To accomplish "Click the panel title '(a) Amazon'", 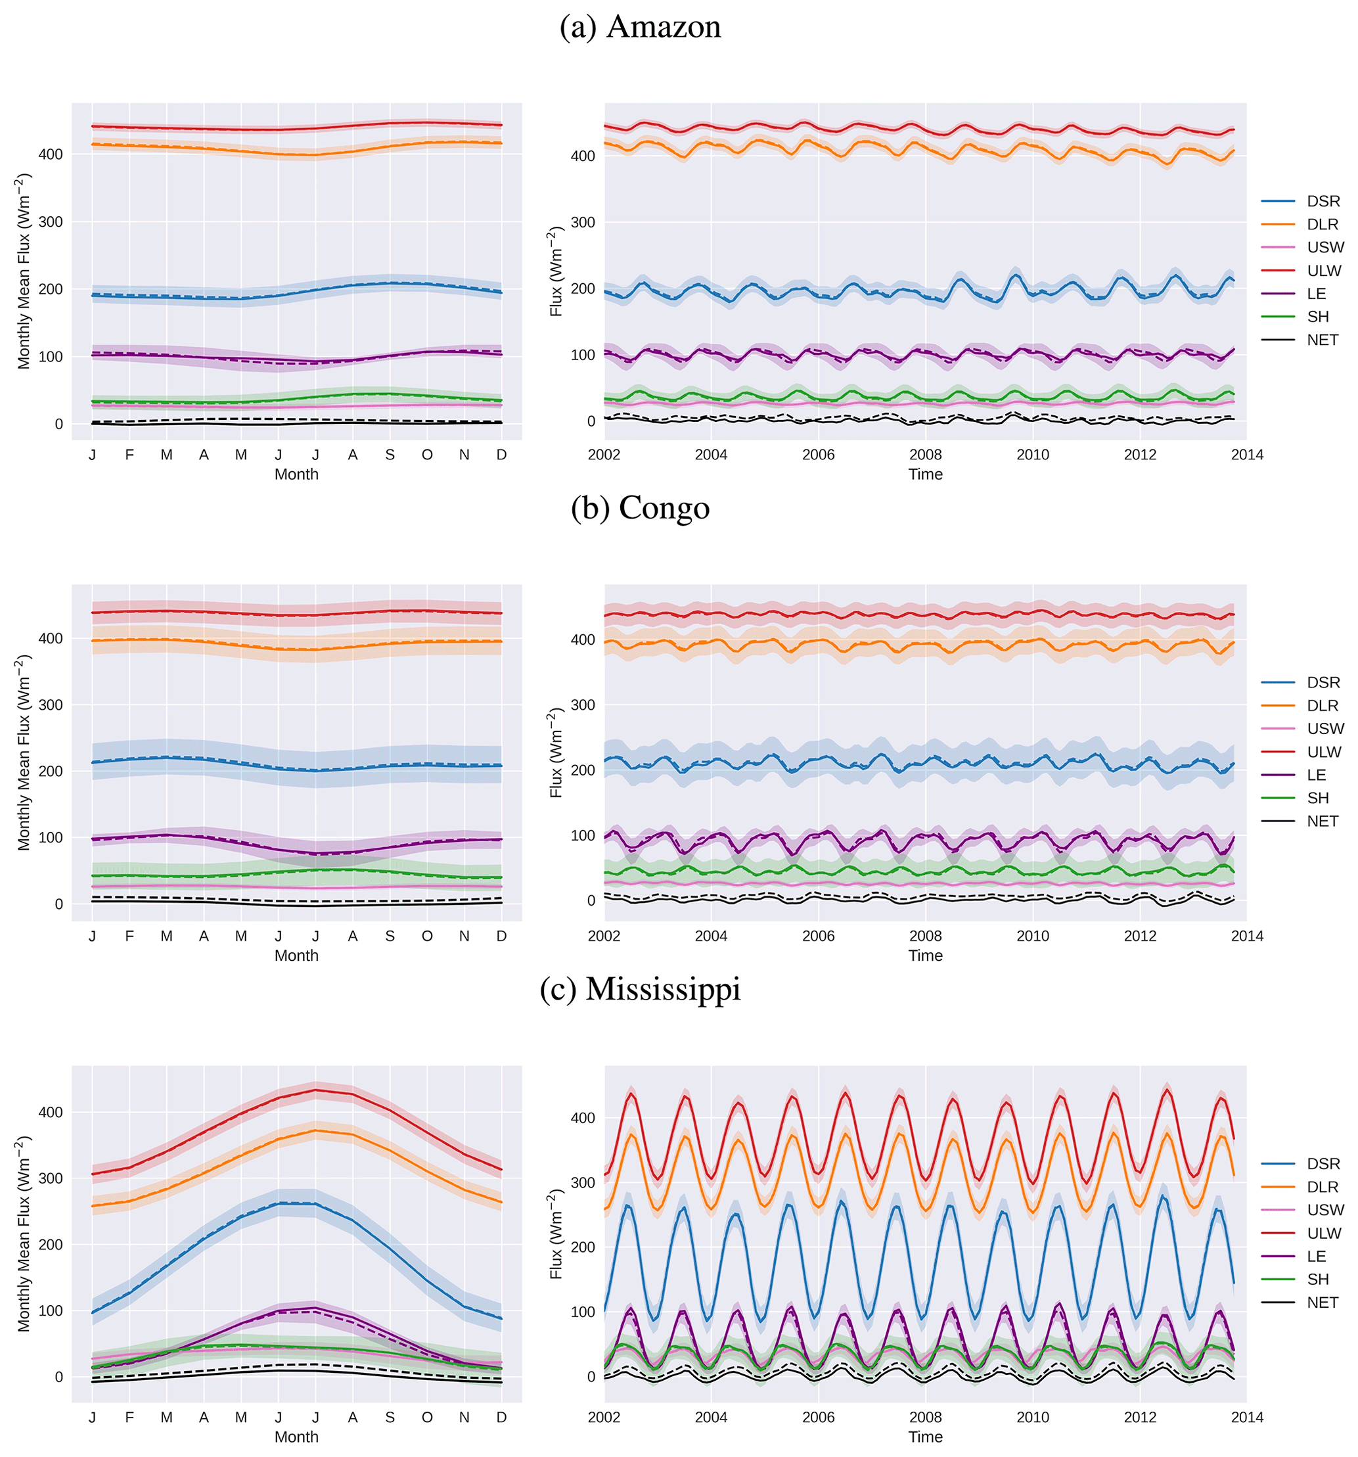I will (x=640, y=27).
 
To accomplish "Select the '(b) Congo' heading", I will (x=640, y=508).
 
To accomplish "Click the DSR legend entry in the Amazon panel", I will (x=1322, y=201).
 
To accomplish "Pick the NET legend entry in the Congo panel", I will (x=1322, y=821).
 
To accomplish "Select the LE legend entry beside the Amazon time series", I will (x=1316, y=294).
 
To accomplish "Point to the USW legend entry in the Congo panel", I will (x=1325, y=728).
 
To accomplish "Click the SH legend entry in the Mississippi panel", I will (x=1318, y=1280).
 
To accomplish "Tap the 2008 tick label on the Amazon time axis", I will (x=925, y=454).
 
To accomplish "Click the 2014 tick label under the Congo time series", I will (x=1246, y=936).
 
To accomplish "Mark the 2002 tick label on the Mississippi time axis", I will (x=603, y=1418).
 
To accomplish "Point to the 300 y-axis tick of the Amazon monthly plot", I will (x=51, y=222).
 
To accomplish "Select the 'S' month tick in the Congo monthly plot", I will (x=390, y=936).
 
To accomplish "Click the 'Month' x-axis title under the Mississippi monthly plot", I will (x=296, y=1437).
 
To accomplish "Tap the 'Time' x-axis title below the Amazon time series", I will (x=925, y=474).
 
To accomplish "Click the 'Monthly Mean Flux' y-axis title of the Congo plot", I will (x=24, y=752).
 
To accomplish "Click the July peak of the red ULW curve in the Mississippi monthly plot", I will (x=315, y=1090).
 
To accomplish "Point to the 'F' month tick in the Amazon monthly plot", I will (x=129, y=454).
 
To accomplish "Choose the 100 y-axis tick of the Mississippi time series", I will (x=583, y=1311).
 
